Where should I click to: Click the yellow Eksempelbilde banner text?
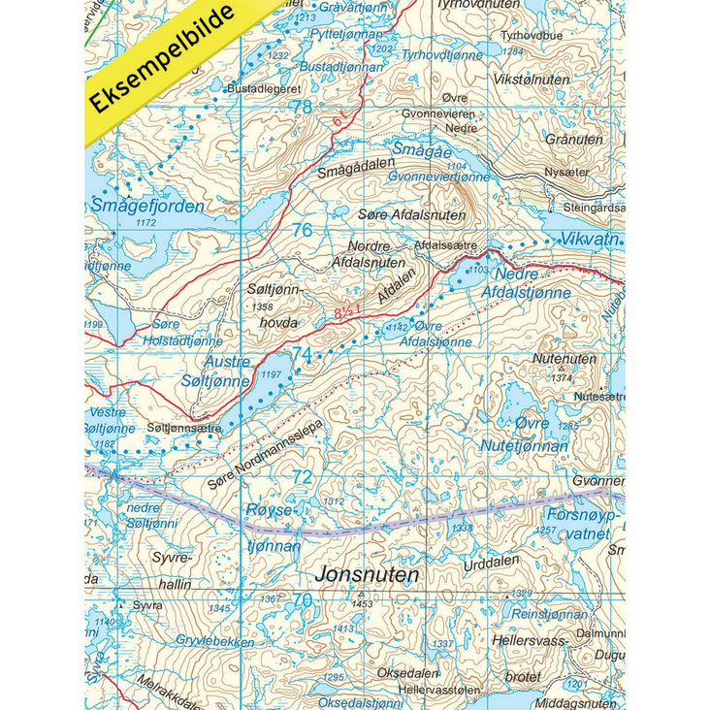click(x=164, y=60)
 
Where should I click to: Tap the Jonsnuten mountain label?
click(x=367, y=575)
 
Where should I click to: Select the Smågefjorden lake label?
click(x=147, y=206)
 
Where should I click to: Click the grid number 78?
click(x=303, y=107)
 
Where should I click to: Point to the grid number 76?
click(x=303, y=230)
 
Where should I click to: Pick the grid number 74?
click(x=303, y=354)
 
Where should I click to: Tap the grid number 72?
click(x=303, y=477)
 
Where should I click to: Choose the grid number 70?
click(x=303, y=600)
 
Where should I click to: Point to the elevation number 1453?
click(x=362, y=603)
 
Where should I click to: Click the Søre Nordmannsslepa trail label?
click(x=264, y=455)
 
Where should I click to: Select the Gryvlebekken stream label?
click(x=215, y=642)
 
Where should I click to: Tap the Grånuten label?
click(x=574, y=139)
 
